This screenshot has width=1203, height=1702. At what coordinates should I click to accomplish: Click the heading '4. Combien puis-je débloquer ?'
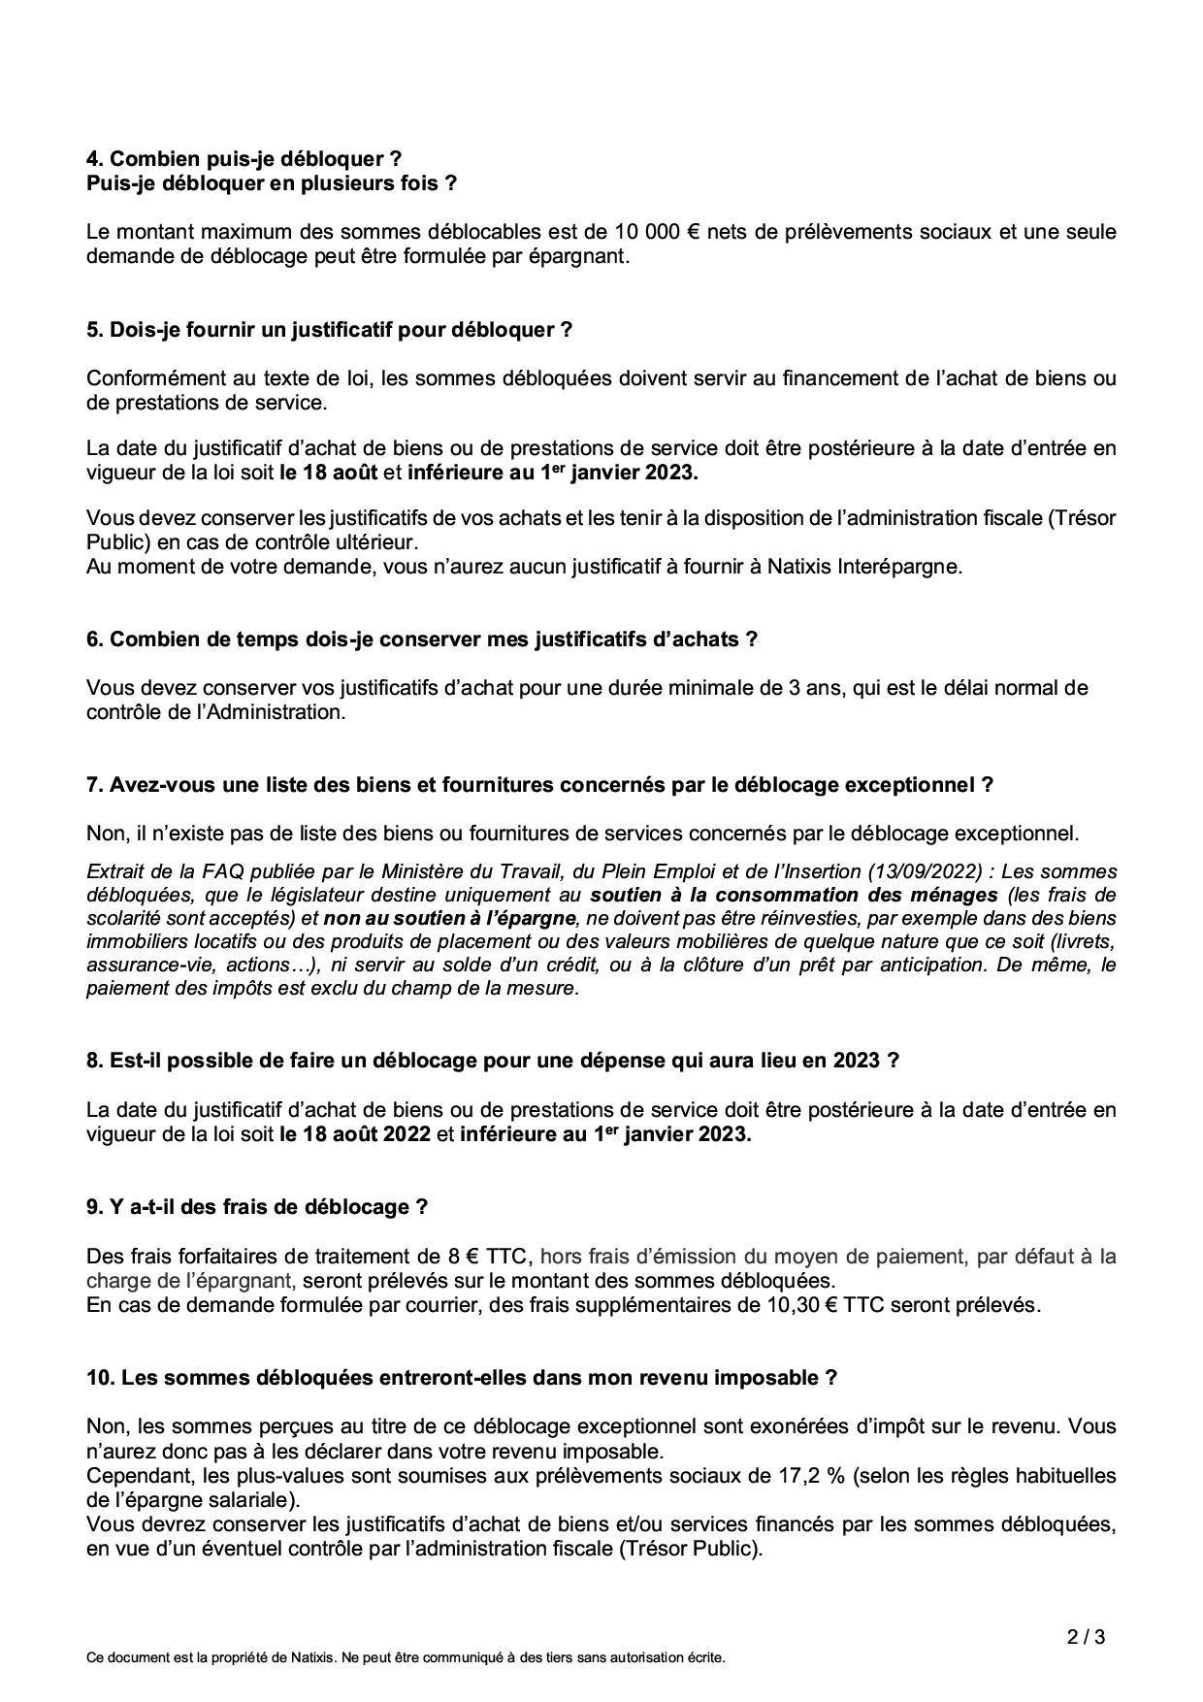(244, 158)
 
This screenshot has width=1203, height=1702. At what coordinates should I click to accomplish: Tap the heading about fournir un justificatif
(329, 329)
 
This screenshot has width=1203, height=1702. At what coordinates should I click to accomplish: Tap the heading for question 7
(539, 784)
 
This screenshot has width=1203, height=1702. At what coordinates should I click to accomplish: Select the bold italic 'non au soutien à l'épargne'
(450, 917)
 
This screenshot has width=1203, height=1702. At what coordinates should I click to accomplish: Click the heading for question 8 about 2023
(492, 1061)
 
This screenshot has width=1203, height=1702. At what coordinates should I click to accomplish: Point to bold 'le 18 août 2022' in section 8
(355, 1133)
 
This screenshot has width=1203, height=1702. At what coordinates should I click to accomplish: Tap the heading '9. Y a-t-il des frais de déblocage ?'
(257, 1206)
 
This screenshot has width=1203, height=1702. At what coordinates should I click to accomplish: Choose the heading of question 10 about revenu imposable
(461, 1377)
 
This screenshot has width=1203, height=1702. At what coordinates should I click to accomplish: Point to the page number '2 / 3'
(1086, 1638)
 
